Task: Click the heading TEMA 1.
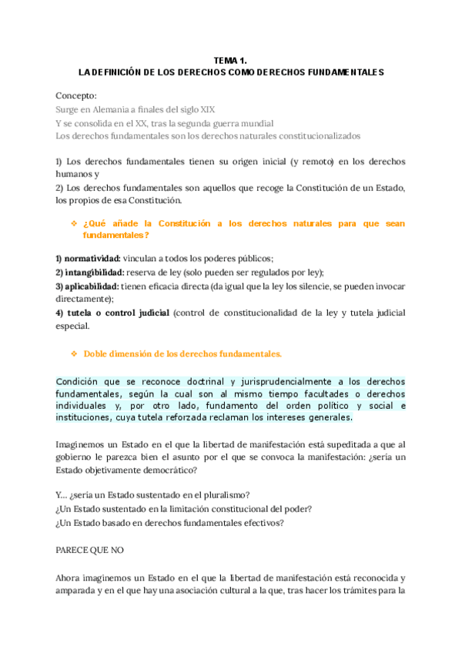[231, 59]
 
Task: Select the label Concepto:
[76, 95]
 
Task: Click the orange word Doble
[98, 354]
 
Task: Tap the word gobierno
[76, 457]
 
